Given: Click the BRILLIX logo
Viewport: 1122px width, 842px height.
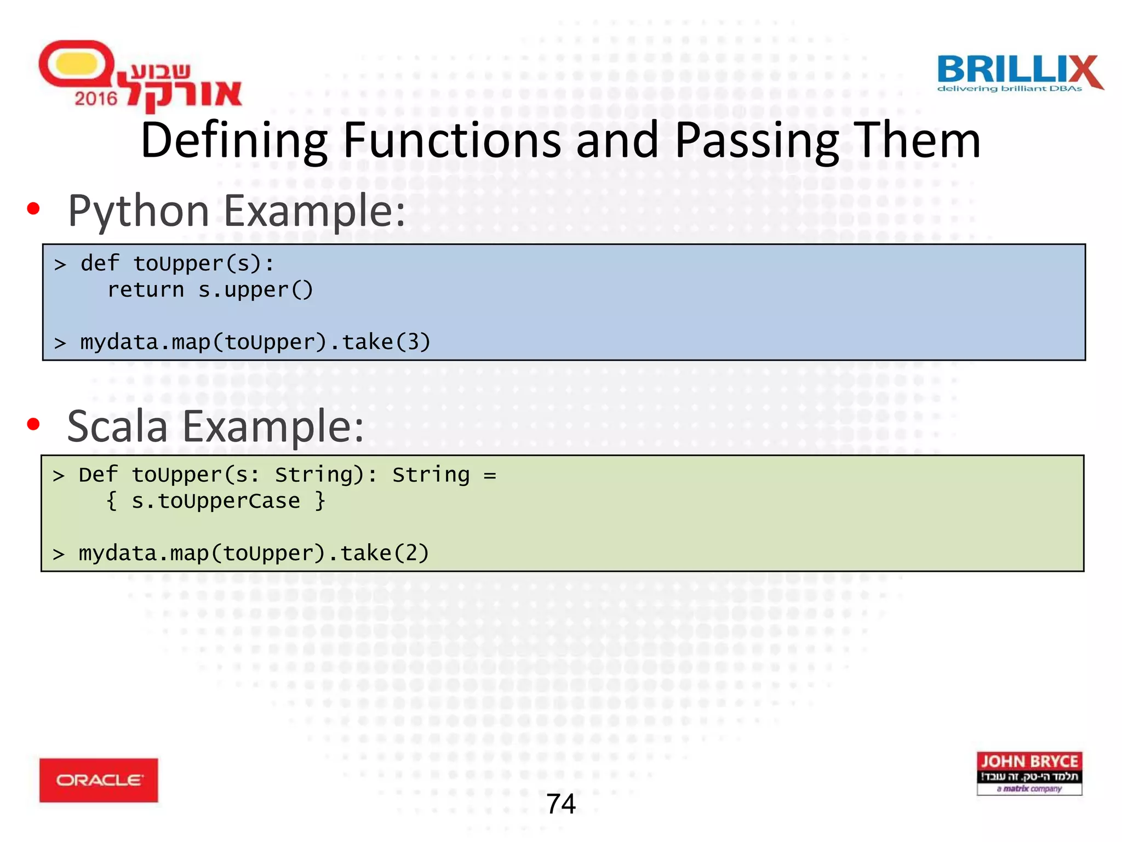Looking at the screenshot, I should pos(1019,73).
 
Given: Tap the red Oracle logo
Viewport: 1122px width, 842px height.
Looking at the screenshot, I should pos(99,780).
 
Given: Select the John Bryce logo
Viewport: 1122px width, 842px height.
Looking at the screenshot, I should pos(1029,773).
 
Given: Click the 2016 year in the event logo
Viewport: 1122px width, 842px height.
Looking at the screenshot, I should pos(96,99).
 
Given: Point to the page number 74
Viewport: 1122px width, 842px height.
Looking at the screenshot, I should pos(560,804).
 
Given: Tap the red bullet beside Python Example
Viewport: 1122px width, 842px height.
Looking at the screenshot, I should pos(33,209).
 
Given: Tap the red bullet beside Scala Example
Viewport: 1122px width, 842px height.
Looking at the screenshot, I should pos(33,424).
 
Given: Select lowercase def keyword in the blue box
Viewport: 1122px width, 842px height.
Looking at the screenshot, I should pos(99,263).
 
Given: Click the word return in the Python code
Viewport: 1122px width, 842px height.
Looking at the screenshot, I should pos(146,289).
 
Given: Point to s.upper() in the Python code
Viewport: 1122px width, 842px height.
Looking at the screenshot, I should pos(255,289).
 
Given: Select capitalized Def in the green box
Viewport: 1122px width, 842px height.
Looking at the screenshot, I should pos(98,474).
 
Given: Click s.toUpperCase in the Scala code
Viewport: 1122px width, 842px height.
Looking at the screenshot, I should pos(216,500).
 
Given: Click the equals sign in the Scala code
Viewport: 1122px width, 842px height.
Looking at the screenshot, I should pos(490,475).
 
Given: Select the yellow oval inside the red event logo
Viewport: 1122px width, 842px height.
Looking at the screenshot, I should pos(77,64).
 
